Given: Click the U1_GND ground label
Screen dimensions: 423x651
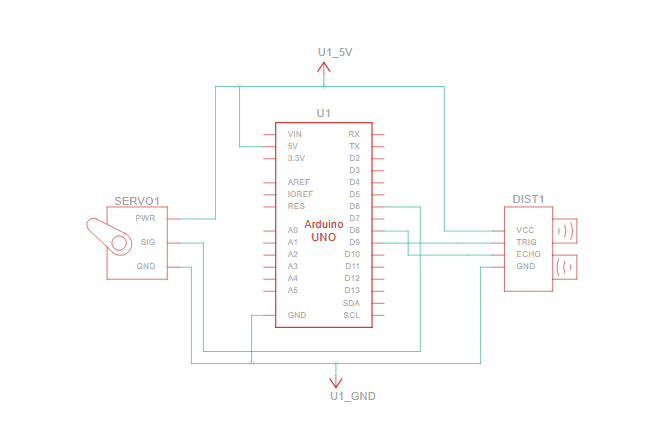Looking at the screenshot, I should [352, 396].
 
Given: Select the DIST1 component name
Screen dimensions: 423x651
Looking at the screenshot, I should [528, 199].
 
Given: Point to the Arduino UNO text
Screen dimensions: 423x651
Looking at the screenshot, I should [323, 231].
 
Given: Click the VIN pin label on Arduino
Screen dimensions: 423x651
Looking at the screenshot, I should [295, 134].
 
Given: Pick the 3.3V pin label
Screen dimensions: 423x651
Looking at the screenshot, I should [296, 158].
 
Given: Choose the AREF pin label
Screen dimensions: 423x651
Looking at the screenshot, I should [298, 182].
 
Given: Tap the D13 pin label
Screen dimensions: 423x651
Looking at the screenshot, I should [352, 290].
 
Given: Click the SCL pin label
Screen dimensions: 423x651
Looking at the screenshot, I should [352, 315].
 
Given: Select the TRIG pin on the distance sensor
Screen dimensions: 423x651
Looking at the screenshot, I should [527, 242].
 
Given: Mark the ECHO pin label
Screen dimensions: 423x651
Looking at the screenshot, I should [528, 254].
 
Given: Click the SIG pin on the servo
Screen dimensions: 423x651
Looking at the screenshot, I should [147, 242].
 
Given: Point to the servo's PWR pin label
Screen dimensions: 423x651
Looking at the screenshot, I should [145, 218].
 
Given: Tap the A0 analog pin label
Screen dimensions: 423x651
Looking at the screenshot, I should [292, 230].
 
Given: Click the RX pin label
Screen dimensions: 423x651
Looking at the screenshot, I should [353, 134].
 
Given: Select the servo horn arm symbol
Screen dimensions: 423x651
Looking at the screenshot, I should [107, 234].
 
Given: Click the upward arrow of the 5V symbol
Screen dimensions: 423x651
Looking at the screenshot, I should [323, 67].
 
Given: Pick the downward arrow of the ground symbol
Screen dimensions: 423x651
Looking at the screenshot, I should [336, 378].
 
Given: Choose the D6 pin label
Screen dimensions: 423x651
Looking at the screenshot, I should [354, 206].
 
